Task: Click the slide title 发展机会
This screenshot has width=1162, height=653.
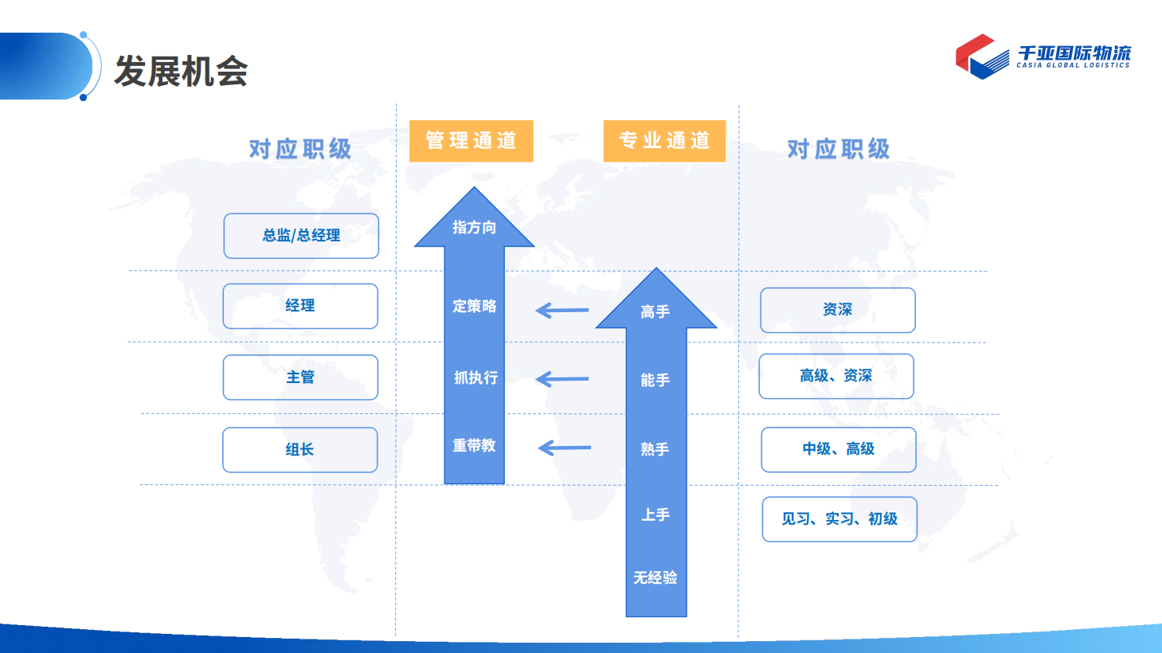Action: (x=181, y=71)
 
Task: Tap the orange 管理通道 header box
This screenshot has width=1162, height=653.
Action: (x=471, y=141)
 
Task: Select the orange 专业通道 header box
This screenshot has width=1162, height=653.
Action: (x=664, y=141)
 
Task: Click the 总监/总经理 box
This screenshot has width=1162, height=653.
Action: (x=301, y=236)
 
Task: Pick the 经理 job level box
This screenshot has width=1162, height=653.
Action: (x=300, y=306)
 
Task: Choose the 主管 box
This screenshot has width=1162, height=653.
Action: (x=300, y=377)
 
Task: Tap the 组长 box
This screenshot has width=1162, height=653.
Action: (x=299, y=450)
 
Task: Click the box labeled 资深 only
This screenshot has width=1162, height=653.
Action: (x=838, y=310)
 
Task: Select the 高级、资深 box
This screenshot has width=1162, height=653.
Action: (x=836, y=376)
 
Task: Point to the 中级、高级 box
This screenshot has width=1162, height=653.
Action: (x=839, y=450)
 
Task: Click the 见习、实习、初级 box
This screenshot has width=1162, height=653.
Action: (x=840, y=519)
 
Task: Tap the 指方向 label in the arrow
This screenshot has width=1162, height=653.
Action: (x=474, y=227)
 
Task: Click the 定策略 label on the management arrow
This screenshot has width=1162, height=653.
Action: (x=474, y=306)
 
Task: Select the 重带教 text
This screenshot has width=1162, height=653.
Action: (x=474, y=445)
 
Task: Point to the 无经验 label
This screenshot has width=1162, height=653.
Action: (x=655, y=577)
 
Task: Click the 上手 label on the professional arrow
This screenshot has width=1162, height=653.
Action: (x=655, y=514)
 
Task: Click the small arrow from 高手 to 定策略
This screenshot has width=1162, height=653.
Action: (x=562, y=310)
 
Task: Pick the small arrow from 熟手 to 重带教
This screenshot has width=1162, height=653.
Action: (x=565, y=448)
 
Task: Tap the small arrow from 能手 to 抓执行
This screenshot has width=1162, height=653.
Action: (x=562, y=379)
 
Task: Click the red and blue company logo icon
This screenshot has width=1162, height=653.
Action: (x=981, y=57)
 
